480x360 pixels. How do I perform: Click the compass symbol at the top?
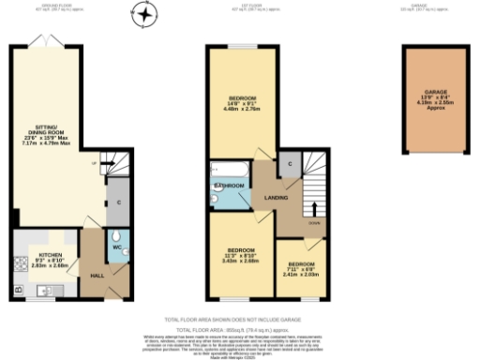tap(143, 15)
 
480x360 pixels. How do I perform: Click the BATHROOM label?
tap(231, 187)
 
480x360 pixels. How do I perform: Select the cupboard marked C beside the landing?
tap(292, 164)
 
